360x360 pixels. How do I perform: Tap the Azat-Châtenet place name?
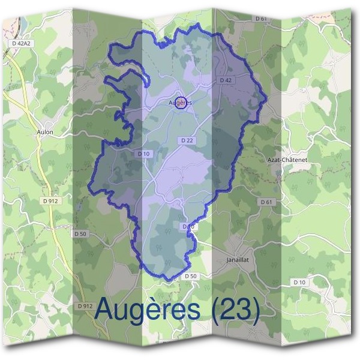(x=286, y=161)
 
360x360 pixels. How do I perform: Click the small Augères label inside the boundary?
(x=180, y=103)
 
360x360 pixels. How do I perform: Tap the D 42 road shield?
(x=226, y=80)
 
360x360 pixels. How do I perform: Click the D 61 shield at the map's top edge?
(x=260, y=19)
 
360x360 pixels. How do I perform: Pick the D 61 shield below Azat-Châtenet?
(x=267, y=202)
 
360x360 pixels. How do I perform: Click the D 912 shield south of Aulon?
(x=50, y=200)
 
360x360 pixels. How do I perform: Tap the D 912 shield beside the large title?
(x=86, y=306)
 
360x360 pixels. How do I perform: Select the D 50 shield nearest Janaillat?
(x=190, y=276)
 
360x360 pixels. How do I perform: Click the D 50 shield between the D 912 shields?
(x=80, y=233)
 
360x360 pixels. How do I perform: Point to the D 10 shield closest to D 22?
(x=143, y=154)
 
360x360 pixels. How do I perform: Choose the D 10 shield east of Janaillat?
(x=299, y=281)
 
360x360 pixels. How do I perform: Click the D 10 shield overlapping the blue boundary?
(x=188, y=226)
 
